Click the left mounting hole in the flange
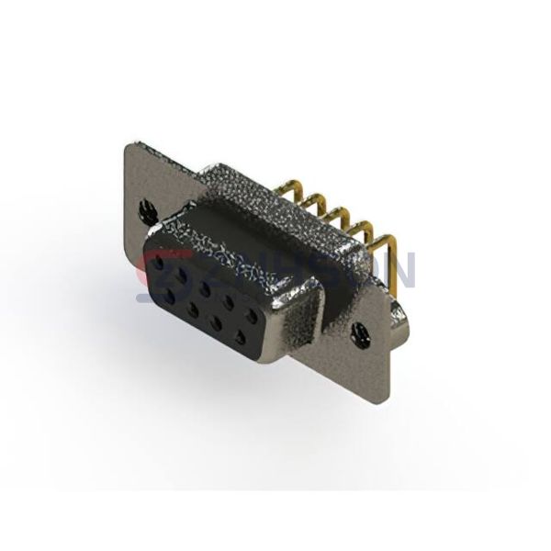pos(145,210)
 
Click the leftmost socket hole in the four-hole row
pos(172,296)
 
